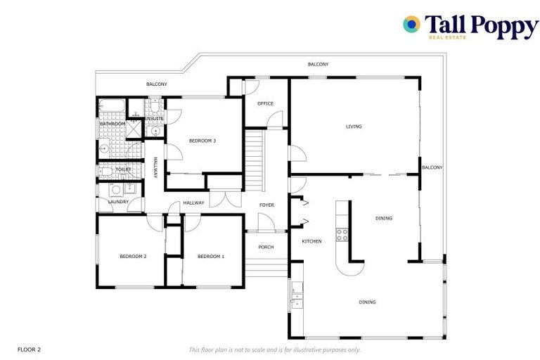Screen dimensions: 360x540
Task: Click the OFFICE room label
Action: (265, 103)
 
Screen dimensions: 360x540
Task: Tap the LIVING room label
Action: (354, 127)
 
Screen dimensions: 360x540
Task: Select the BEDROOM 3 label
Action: (202, 141)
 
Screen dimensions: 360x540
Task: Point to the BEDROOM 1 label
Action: (210, 257)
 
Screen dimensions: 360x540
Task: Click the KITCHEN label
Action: (311, 241)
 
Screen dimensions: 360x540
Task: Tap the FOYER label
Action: (266, 205)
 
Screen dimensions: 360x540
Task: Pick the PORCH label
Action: (266, 247)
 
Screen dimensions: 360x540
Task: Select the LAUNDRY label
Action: (118, 202)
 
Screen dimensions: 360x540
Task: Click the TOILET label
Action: (123, 169)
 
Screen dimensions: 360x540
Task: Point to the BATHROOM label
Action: (112, 124)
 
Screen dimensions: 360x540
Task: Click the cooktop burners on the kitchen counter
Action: (342, 235)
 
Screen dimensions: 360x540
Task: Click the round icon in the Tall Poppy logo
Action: (411, 25)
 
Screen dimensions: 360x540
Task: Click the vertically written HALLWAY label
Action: (155, 167)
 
